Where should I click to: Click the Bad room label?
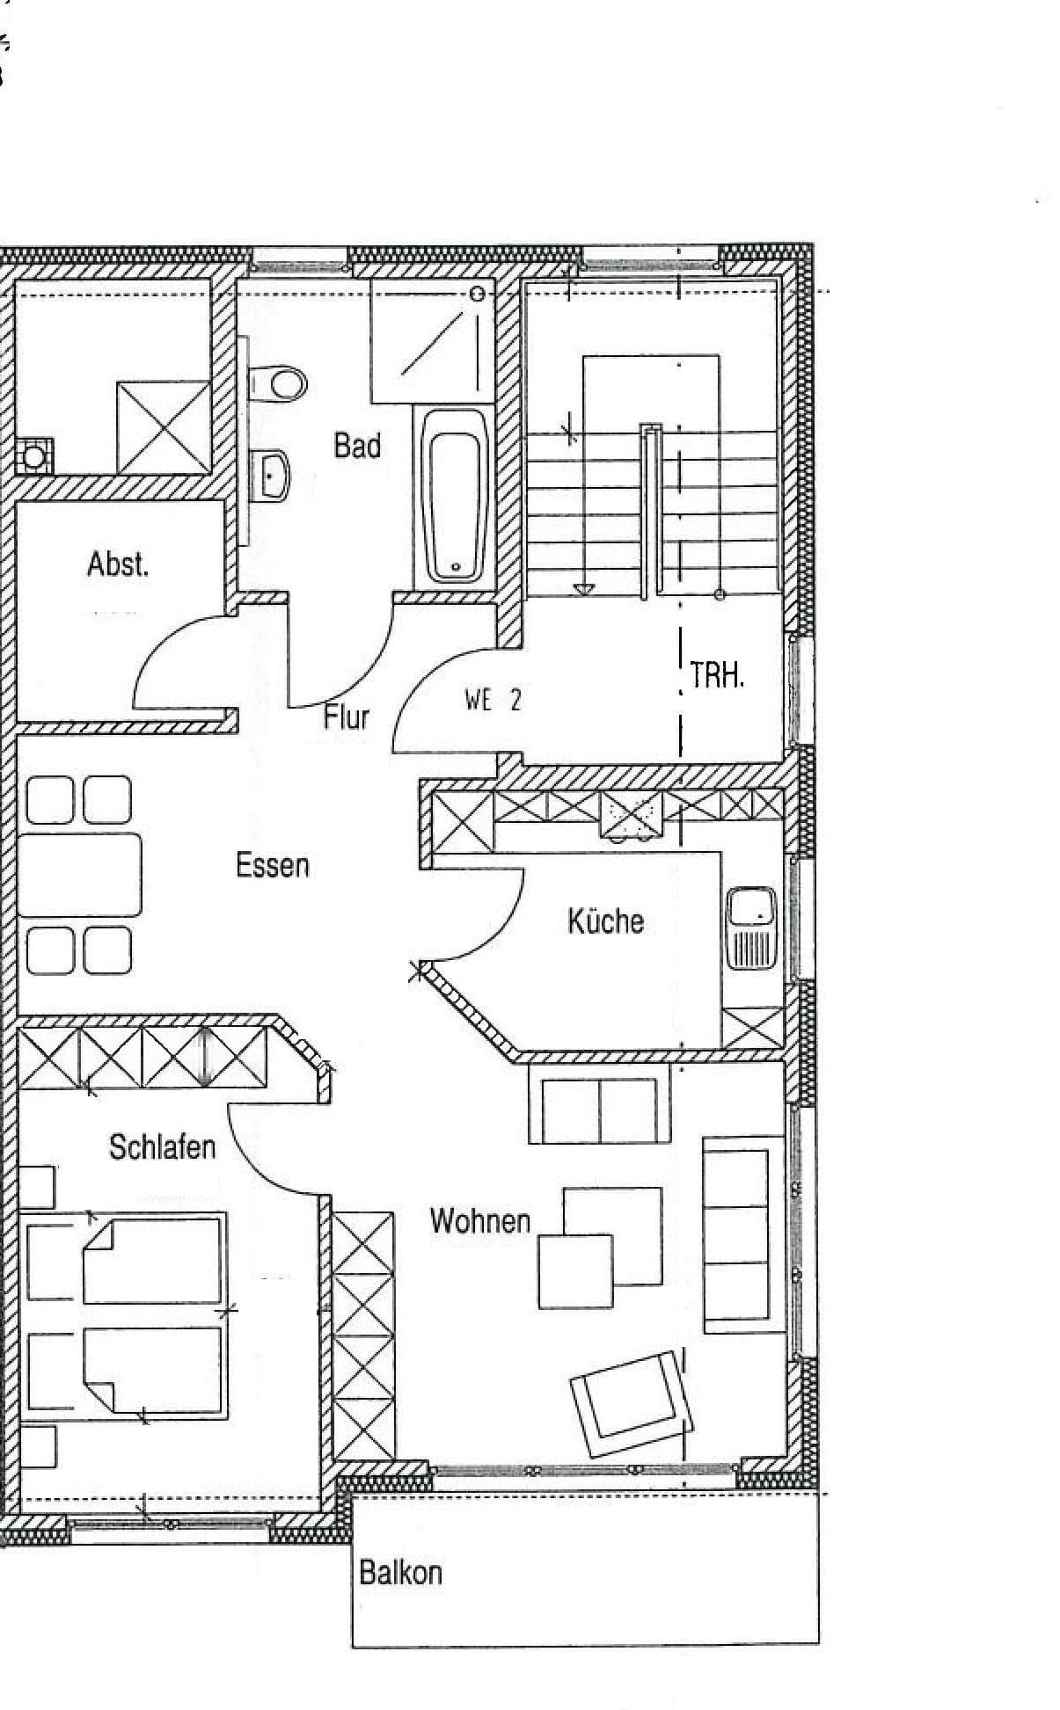pos(357,446)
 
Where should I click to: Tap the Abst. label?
pos(118,564)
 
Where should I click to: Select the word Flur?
pos(346,717)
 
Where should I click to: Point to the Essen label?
pos(273,865)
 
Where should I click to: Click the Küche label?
pos(605,920)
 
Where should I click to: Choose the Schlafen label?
pos(162,1146)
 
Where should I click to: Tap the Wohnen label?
pos(480,1220)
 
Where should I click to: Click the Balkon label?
pos(400,1571)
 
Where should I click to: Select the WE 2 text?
pos(493,700)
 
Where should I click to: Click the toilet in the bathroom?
pos(276,383)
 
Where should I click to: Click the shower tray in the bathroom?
pos(432,341)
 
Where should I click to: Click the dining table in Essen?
pos(79,875)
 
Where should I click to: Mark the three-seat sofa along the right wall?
pos(735,1234)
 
